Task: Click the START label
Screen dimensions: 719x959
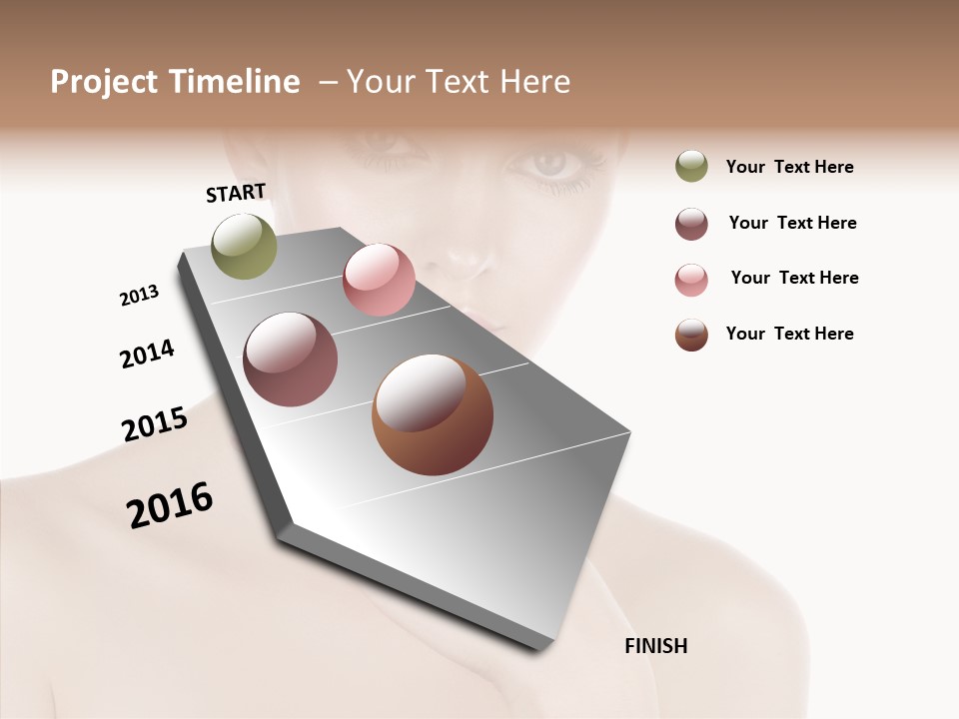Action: [236, 193]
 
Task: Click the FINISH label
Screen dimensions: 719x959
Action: [656, 646]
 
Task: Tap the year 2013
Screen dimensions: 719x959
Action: [139, 296]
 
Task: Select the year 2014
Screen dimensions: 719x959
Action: [147, 354]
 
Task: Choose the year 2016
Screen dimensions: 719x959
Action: [170, 504]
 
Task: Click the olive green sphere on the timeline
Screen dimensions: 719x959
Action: [245, 246]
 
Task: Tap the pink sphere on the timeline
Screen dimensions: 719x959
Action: [379, 280]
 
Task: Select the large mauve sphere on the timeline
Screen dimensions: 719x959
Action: [291, 359]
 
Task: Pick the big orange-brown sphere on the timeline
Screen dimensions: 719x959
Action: [433, 414]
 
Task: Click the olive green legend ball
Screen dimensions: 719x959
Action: [691, 167]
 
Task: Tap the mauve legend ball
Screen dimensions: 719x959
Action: [691, 224]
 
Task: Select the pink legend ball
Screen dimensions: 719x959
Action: [691, 280]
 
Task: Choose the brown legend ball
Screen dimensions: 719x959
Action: [691, 335]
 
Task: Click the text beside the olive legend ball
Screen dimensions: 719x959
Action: [789, 167]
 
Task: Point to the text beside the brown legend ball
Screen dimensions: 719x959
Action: [789, 334]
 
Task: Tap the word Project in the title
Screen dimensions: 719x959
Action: [104, 82]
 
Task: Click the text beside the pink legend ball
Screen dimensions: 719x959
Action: [794, 278]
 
